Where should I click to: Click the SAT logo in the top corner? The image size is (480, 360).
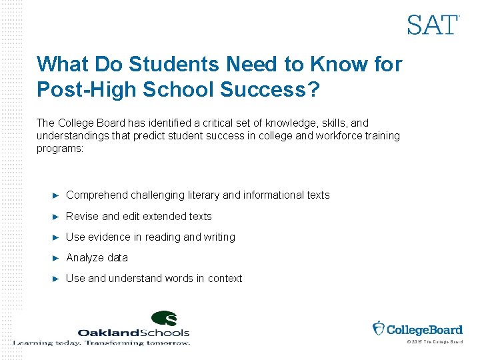[433, 25]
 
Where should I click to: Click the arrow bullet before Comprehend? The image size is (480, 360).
[56, 195]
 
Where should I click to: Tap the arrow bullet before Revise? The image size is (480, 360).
[56, 216]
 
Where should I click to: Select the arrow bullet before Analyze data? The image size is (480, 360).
[56, 257]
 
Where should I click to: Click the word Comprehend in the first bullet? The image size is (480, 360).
[97, 195]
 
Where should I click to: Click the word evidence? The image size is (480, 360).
[107, 237]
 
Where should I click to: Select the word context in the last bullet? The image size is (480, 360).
[225, 278]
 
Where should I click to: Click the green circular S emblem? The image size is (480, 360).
[163, 319]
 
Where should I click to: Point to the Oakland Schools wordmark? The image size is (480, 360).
[133, 332]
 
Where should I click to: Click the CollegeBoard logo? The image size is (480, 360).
[417, 329]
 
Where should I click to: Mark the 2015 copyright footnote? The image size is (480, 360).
[434, 342]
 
